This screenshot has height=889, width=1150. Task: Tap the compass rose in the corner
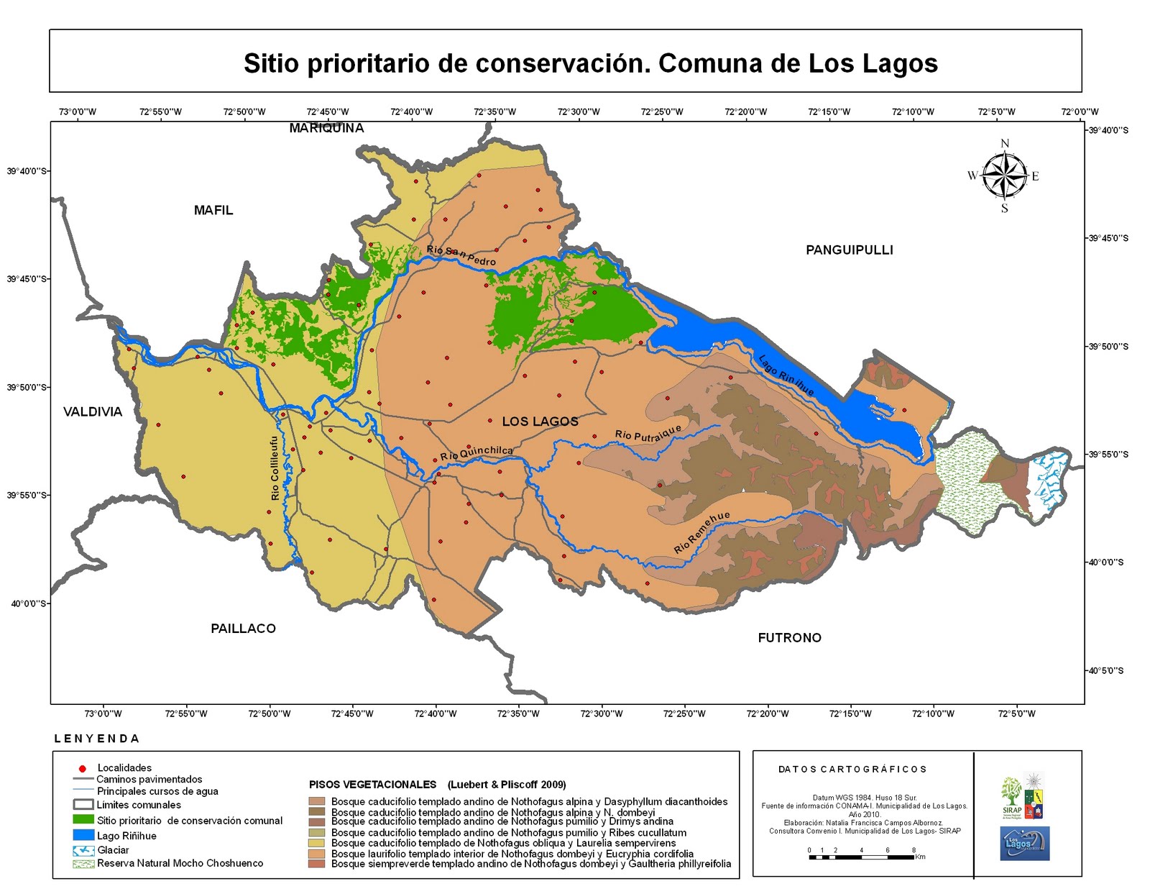tap(1004, 176)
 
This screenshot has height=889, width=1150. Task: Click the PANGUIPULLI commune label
tap(849, 250)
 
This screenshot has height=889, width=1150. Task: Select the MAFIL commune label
tap(213, 210)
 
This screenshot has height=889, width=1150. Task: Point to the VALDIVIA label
tap(93, 412)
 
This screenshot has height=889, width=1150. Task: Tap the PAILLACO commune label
tap(243, 629)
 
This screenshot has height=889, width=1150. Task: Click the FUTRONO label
tap(789, 638)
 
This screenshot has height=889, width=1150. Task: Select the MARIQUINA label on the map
tap(326, 128)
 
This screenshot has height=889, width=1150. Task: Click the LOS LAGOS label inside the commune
tap(540, 421)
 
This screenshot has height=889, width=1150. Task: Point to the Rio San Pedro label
tap(461, 255)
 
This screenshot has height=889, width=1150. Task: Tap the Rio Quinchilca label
tap(477, 453)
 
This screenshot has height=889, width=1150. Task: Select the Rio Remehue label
tap(701, 532)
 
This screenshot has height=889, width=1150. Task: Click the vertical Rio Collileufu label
tap(275, 468)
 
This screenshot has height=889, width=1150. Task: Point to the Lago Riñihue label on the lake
tap(786, 375)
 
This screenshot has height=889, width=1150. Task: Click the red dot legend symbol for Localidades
tap(82, 769)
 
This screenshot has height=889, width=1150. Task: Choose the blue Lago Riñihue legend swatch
tap(83, 836)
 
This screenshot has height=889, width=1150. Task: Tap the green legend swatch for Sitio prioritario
tap(83, 820)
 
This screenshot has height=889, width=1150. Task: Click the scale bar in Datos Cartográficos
tap(862, 857)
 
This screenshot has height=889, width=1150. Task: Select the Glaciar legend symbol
tap(83, 850)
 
